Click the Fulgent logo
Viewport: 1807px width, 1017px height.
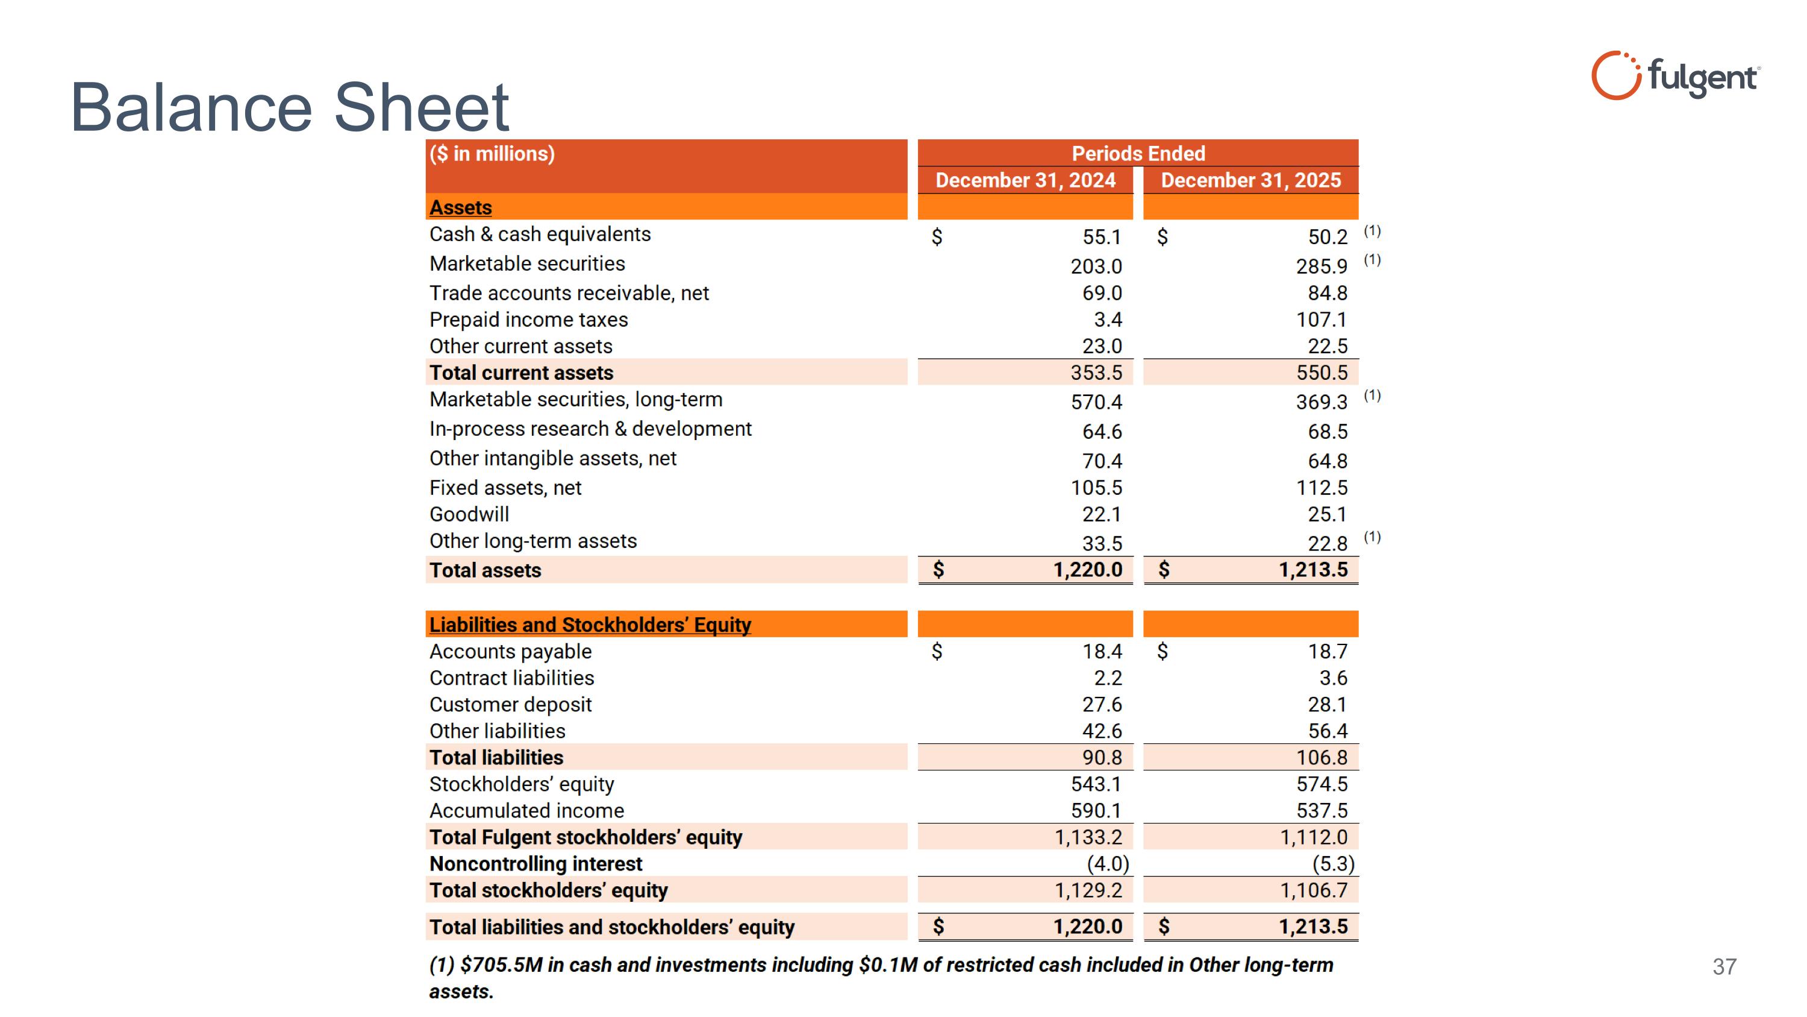(1675, 77)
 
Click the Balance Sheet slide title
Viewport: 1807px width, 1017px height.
(289, 107)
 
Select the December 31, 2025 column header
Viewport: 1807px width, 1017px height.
(1250, 180)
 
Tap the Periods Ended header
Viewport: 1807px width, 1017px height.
(1138, 153)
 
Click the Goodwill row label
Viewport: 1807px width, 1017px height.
(469, 514)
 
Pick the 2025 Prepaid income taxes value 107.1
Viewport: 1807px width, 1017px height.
(1321, 320)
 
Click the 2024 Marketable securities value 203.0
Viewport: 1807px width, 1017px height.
(1096, 266)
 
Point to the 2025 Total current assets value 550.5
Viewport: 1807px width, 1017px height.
(1321, 373)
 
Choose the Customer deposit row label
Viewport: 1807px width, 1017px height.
(510, 705)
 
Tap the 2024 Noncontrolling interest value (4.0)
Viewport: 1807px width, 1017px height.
(1108, 864)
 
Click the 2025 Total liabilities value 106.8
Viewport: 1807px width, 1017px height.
(1321, 758)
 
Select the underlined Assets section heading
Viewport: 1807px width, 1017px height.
(460, 208)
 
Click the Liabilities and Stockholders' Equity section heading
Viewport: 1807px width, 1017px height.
(589, 625)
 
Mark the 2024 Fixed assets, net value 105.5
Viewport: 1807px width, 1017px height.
(1096, 488)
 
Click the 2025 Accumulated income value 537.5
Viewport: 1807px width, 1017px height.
(1321, 811)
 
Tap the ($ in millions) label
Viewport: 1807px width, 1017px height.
(492, 154)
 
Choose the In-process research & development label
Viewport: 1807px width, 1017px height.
(590, 429)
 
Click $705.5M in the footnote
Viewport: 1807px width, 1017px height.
(501, 965)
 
